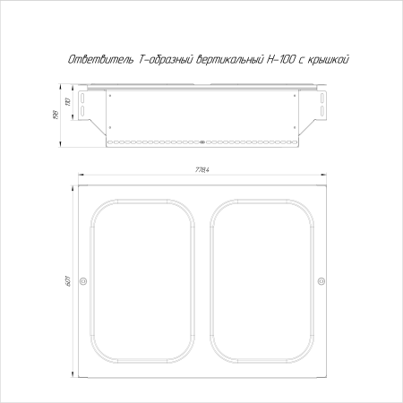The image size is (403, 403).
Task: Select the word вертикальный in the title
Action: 224,59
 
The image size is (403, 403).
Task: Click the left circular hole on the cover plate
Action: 83,283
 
